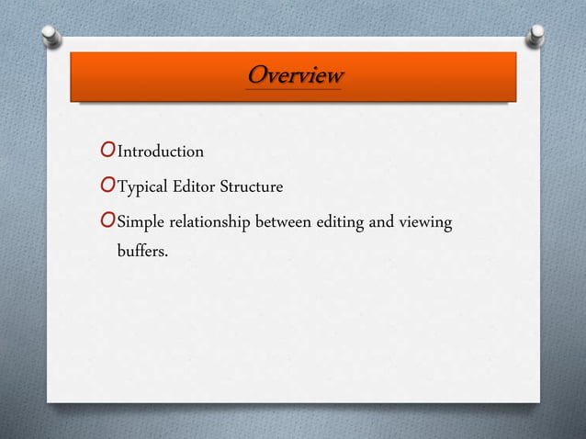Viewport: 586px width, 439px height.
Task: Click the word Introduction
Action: tap(161, 151)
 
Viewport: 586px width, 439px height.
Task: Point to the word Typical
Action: tap(146, 188)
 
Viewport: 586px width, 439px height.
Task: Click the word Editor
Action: tap(197, 188)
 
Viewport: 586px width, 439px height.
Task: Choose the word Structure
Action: tap(250, 188)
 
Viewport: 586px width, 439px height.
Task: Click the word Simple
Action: tap(141, 224)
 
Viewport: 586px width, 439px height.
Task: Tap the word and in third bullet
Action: tap(387, 224)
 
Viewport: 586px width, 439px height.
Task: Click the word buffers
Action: tap(141, 249)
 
